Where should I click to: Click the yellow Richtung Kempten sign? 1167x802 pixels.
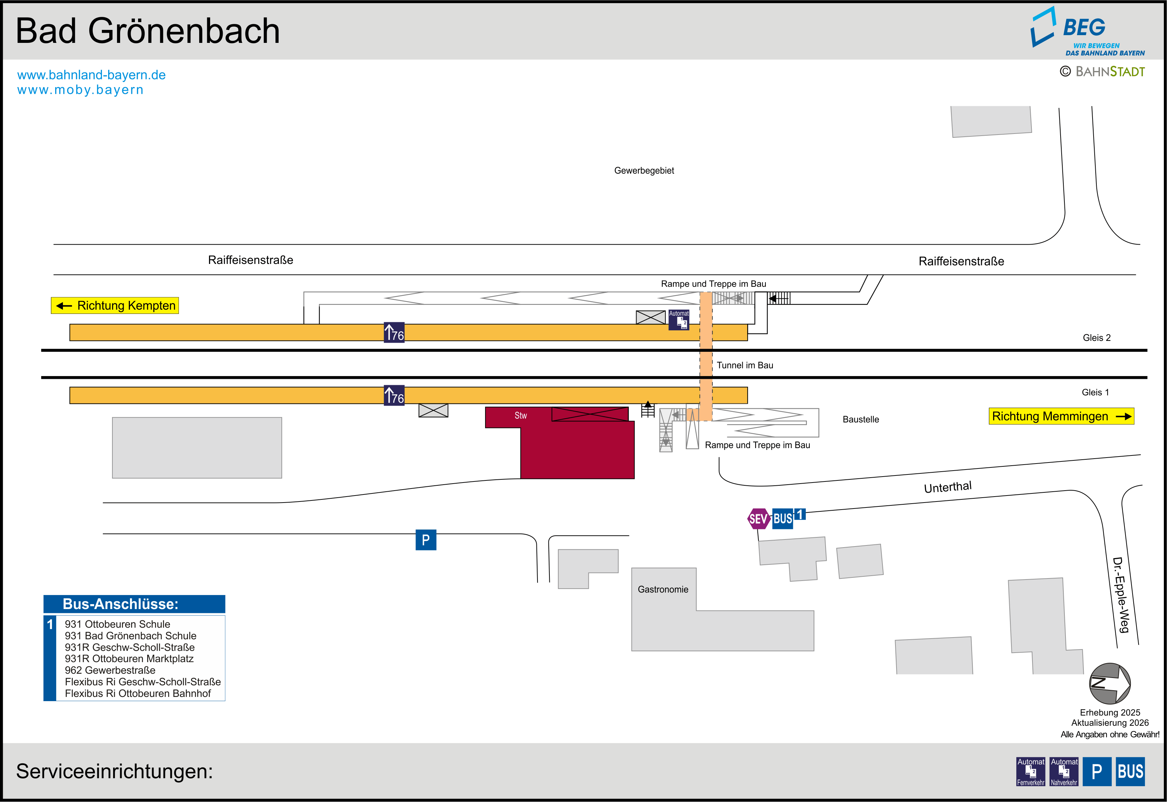115,305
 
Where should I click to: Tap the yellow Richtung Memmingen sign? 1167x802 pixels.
1061,416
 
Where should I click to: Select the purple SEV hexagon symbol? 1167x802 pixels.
758,519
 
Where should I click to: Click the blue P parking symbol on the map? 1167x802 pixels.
425,540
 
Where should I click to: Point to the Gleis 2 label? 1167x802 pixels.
1096,338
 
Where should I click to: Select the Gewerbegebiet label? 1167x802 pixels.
644,171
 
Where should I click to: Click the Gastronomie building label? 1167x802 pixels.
663,589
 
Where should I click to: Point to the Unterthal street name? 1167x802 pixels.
947,487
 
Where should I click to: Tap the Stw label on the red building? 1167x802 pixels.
520,415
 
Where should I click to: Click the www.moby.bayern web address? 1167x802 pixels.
80,90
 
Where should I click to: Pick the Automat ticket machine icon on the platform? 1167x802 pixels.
679,319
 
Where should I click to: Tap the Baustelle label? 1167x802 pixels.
861,420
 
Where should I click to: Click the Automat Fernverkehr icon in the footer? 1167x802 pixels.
1030,771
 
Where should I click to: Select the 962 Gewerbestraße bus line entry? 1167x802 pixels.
110,670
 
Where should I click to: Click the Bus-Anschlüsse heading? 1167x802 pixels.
120,604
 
